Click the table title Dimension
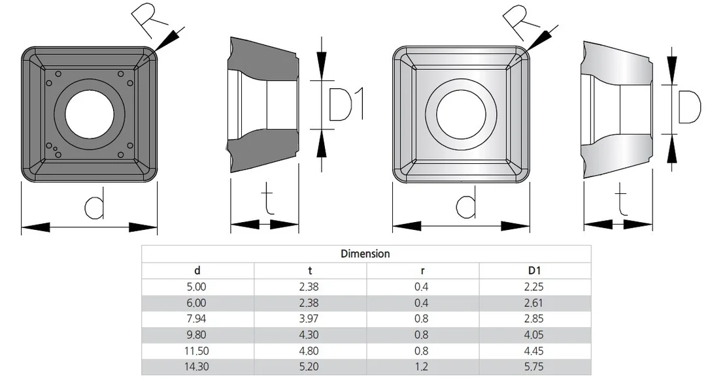[365, 254]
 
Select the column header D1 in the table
[534, 270]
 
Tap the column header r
[422, 271]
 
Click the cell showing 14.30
[197, 367]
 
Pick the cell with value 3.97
[309, 319]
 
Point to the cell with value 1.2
[422, 367]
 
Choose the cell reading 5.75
[534, 367]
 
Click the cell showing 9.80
[196, 335]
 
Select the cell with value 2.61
[534, 303]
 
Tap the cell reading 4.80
[309, 351]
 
